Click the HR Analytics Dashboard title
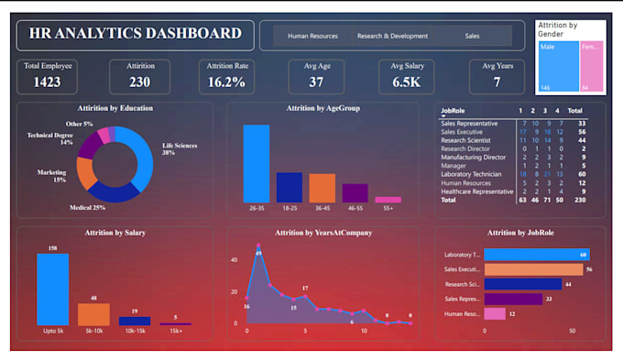click(x=135, y=35)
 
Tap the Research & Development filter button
click(x=392, y=37)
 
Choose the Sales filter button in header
click(x=472, y=37)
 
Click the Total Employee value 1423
click(x=47, y=82)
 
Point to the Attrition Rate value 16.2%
click(x=225, y=82)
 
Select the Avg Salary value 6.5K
click(x=407, y=82)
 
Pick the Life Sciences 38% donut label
click(x=181, y=149)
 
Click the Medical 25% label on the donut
click(x=88, y=208)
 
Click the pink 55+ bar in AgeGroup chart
click(x=388, y=200)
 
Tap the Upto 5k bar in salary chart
click(x=52, y=289)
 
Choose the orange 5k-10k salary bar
click(x=93, y=314)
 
